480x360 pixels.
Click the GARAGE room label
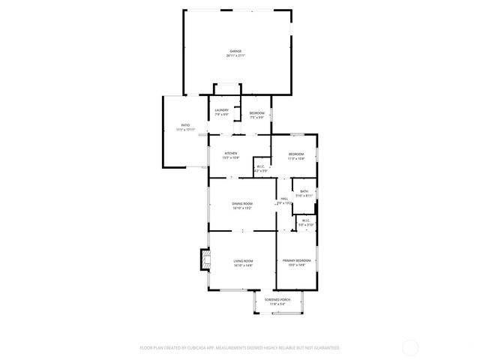click(x=235, y=51)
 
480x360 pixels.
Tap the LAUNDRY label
click(x=222, y=111)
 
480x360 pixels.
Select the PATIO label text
click(x=185, y=125)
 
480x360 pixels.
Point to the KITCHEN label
click(x=230, y=154)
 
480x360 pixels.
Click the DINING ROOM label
click(x=241, y=204)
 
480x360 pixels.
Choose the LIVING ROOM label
click(x=242, y=261)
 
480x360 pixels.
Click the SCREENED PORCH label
click(x=277, y=299)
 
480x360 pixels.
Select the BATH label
click(x=304, y=191)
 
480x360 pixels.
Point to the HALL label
click(x=284, y=199)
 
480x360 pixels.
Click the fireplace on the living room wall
click(x=202, y=260)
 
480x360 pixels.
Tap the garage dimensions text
click(x=235, y=56)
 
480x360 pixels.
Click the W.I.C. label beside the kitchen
click(x=260, y=167)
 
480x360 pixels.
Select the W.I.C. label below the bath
click(x=306, y=220)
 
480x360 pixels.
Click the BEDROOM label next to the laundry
click(x=257, y=113)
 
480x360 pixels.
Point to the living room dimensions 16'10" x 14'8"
click(x=242, y=265)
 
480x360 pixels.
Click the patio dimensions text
click(x=185, y=130)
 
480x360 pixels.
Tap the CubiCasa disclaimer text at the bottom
click(x=240, y=348)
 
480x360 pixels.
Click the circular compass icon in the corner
click(x=411, y=347)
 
